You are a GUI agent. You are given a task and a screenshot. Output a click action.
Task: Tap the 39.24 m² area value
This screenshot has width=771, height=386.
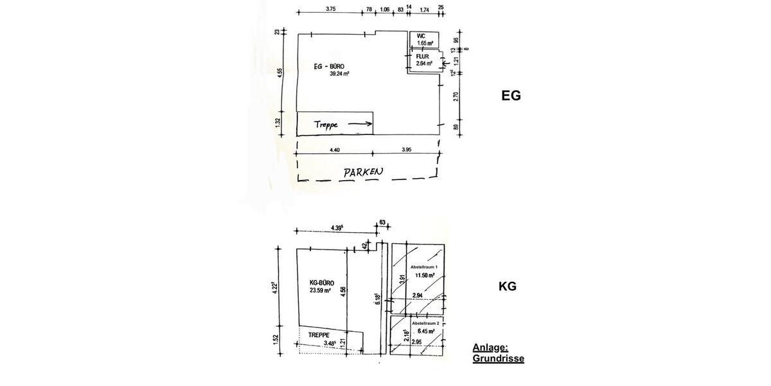tap(339, 73)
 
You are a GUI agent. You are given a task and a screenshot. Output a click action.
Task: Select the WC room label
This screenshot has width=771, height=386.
tap(421, 36)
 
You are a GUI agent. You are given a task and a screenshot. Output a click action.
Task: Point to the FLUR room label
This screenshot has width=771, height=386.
tap(422, 57)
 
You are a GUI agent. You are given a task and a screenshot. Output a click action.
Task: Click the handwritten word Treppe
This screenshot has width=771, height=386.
tap(326, 124)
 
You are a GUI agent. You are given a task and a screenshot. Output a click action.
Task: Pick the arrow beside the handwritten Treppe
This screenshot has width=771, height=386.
tap(360, 124)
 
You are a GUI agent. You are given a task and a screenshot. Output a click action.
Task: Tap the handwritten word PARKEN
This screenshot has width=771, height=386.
tap(362, 172)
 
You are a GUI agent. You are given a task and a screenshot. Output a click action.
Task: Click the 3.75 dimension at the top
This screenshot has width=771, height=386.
tap(331, 9)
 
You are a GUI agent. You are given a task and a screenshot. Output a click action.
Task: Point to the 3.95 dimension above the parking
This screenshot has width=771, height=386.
tap(407, 150)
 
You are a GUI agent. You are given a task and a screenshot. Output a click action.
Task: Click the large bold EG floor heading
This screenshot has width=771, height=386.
tap(511, 96)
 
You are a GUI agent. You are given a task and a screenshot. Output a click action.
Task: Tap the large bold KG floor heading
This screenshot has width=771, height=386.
tap(508, 286)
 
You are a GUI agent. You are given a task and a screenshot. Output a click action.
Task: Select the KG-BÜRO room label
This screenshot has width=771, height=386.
tap(321, 282)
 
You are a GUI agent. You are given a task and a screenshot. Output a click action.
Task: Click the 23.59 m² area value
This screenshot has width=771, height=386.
tap(320, 290)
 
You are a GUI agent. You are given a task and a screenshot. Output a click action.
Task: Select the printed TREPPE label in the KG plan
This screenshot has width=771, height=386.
tap(319, 335)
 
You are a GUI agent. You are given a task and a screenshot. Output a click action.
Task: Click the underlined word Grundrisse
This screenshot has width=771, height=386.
tap(498, 358)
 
